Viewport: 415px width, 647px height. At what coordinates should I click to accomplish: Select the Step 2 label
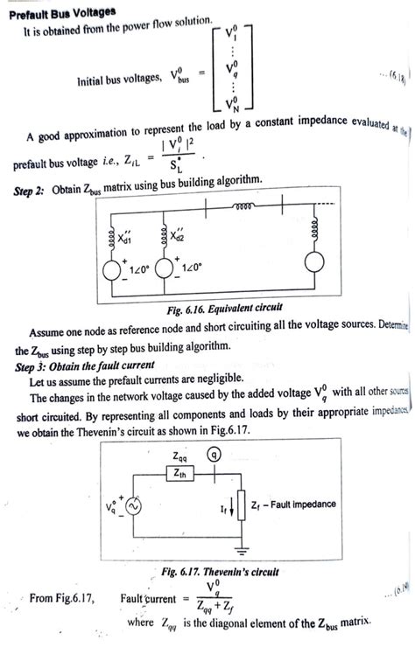tap(32, 191)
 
